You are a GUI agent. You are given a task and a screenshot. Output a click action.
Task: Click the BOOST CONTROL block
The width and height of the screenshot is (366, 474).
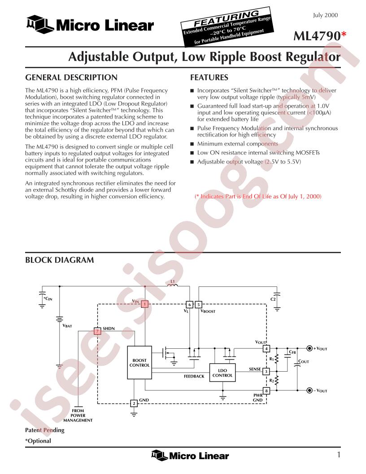click(139, 362)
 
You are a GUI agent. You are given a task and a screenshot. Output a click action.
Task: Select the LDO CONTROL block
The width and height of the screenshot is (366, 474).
click(222, 373)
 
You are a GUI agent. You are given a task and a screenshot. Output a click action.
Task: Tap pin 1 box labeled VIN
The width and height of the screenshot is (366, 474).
click(145, 304)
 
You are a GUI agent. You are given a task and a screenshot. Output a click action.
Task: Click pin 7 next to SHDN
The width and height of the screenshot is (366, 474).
click(97, 331)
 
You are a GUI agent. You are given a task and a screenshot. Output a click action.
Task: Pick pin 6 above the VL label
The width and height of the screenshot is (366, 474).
click(189, 304)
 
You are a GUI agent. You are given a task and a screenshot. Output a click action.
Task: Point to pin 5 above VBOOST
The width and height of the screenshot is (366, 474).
click(198, 304)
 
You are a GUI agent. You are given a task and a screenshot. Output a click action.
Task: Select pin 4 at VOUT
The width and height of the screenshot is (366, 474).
click(266, 349)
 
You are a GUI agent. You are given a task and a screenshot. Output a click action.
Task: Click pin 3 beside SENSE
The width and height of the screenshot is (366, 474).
click(266, 371)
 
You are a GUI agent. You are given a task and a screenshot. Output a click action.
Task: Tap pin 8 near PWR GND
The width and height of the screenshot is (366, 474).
click(266, 391)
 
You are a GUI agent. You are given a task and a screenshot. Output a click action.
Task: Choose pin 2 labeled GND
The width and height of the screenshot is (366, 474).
click(134, 403)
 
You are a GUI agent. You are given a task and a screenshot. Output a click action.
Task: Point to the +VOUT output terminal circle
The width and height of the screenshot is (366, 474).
click(309, 349)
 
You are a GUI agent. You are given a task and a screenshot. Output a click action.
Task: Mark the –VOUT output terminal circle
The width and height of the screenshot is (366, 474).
click(309, 391)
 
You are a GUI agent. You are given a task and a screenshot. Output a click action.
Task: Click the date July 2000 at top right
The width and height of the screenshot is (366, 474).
click(325, 15)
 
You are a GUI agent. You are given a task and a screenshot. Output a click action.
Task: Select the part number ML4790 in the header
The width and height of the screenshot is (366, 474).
click(317, 36)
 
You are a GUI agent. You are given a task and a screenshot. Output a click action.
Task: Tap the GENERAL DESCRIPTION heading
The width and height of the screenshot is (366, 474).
click(71, 77)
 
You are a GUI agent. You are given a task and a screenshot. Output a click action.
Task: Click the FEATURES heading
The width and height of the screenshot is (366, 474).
click(209, 77)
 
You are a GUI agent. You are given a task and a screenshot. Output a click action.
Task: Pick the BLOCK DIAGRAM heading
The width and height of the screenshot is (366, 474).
click(60, 260)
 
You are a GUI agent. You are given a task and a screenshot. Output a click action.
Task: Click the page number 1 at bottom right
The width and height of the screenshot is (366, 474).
click(339, 454)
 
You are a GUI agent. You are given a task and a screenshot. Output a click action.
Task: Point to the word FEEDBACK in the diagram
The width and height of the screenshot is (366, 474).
click(194, 376)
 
